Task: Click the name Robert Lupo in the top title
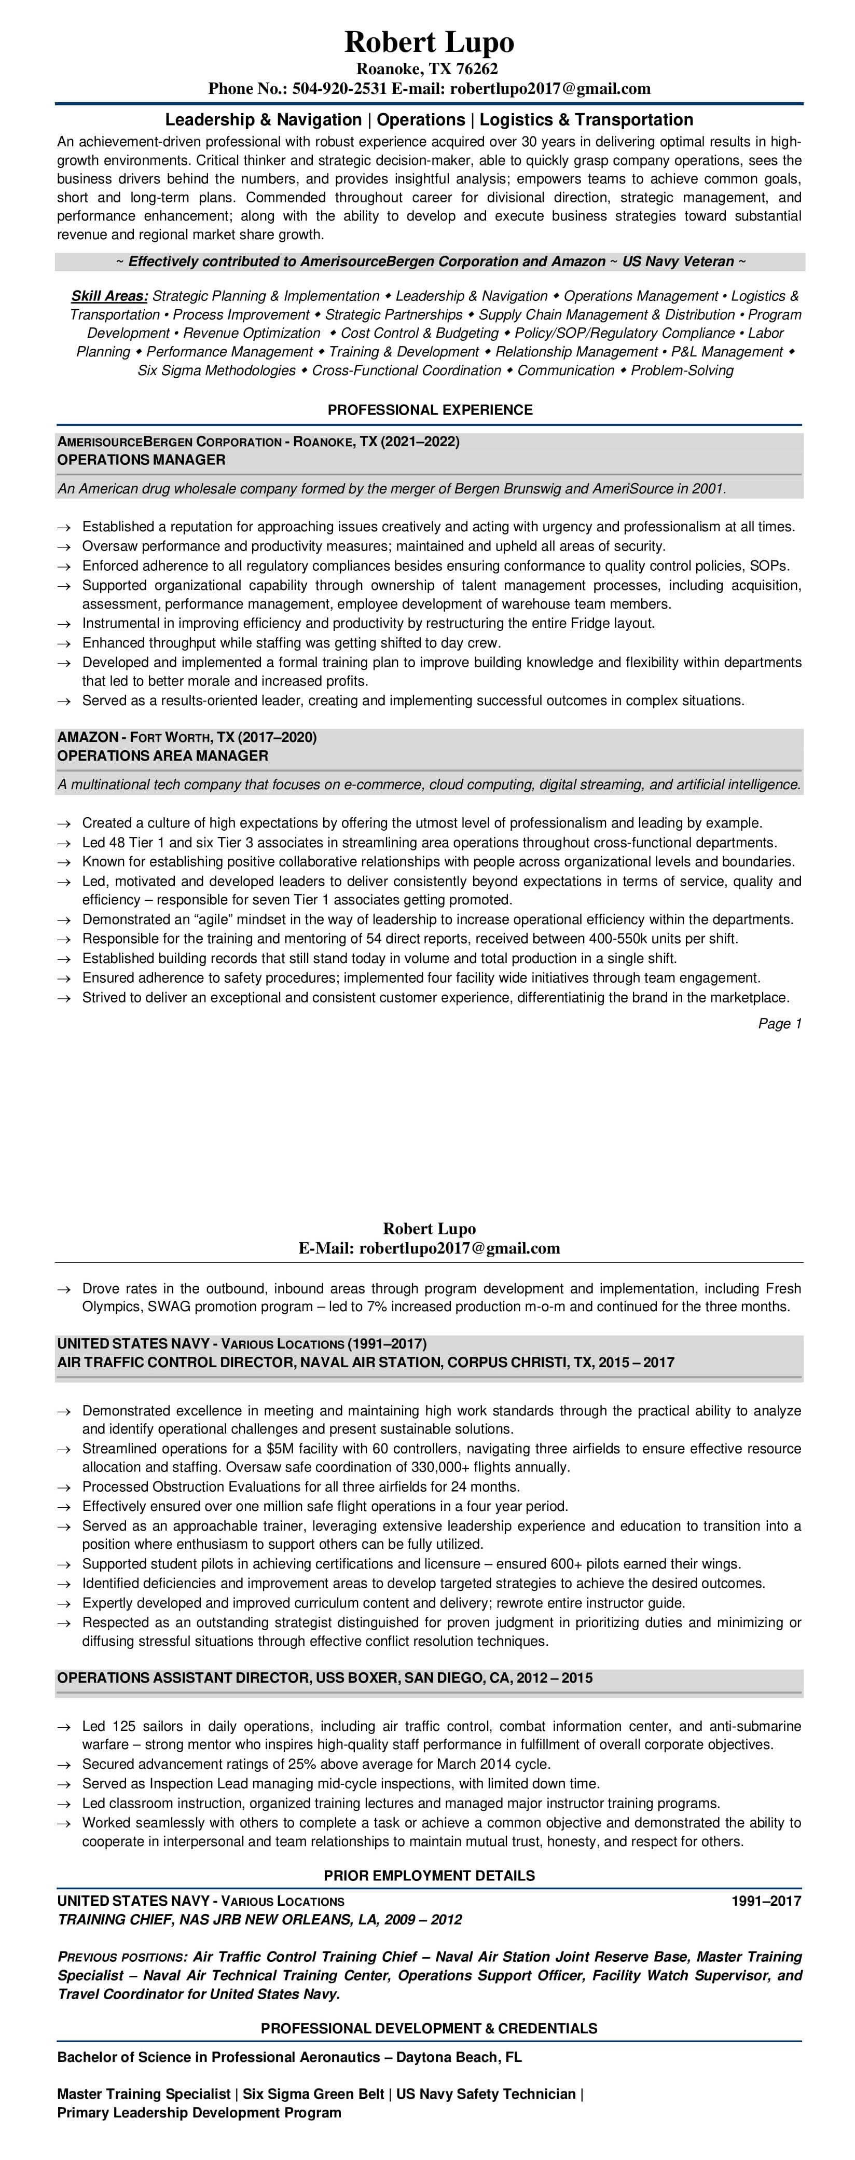(x=429, y=42)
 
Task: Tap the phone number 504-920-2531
(x=339, y=89)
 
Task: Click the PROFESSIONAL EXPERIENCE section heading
(x=429, y=410)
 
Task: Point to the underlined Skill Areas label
(x=109, y=296)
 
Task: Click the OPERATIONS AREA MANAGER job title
(x=162, y=755)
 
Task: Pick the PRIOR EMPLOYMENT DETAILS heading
(x=429, y=1875)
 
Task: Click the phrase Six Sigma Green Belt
(x=313, y=2094)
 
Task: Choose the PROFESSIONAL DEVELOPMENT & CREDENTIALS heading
(x=429, y=2028)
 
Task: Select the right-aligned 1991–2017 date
(x=765, y=1901)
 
